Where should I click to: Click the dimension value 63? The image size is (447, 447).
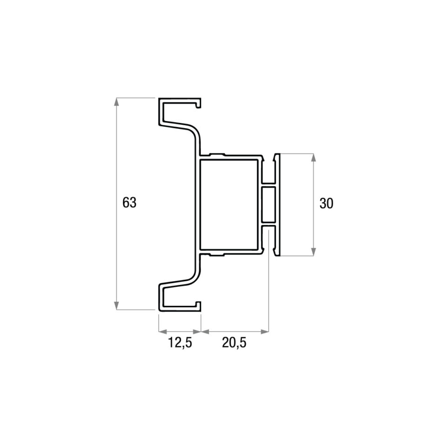[x=129, y=203]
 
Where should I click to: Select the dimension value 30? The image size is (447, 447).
[x=326, y=203]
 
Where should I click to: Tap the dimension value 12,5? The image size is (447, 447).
[x=180, y=342]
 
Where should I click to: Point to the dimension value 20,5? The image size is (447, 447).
[x=234, y=342]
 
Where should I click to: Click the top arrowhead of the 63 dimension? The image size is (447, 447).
[x=116, y=102]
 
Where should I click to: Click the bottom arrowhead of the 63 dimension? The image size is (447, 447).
[x=116, y=305]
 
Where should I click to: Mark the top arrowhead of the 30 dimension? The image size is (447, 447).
[x=313, y=157]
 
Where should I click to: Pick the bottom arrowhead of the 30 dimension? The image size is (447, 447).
[x=313, y=252]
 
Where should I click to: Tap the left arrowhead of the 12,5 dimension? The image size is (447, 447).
[x=163, y=332]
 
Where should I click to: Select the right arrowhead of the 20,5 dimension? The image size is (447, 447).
[x=265, y=332]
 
